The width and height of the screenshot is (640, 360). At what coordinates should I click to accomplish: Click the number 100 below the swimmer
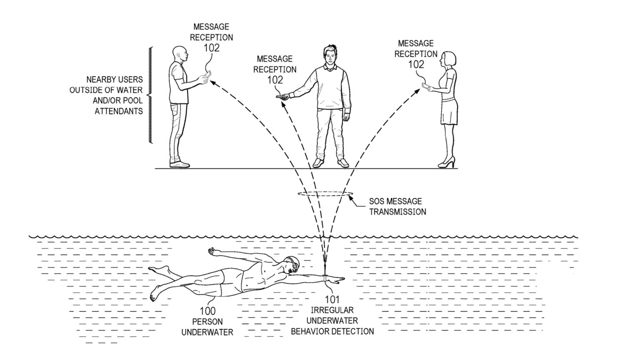[x=207, y=311]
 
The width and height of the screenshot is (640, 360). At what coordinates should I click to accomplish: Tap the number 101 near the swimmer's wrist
[x=332, y=299]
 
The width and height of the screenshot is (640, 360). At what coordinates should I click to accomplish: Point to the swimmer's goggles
[x=295, y=264]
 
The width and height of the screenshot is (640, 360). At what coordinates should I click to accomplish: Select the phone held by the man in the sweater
[x=282, y=97]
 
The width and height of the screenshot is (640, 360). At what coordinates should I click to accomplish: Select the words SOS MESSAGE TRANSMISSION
[x=397, y=206]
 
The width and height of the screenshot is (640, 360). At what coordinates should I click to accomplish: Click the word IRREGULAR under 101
[x=332, y=310]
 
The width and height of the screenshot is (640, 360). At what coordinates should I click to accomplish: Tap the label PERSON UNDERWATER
[x=207, y=327]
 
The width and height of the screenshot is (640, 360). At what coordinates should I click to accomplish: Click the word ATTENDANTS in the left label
[x=118, y=111]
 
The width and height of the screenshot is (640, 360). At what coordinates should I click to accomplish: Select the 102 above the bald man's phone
[x=211, y=48]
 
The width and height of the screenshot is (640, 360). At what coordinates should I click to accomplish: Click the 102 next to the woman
[x=416, y=65]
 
